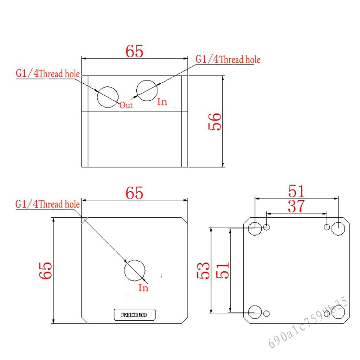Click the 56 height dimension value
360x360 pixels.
tap(215, 122)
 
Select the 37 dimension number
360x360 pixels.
tap(296, 206)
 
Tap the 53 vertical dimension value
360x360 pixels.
tap(203, 271)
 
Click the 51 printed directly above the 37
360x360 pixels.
tap(296, 191)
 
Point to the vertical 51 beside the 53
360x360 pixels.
tap(223, 271)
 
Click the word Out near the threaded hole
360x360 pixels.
tap(126, 105)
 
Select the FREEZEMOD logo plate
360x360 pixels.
tap(135, 315)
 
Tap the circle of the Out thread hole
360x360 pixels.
tap(108, 87)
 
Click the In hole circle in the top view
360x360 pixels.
tap(147, 81)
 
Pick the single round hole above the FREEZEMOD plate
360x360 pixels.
tap(135, 260)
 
